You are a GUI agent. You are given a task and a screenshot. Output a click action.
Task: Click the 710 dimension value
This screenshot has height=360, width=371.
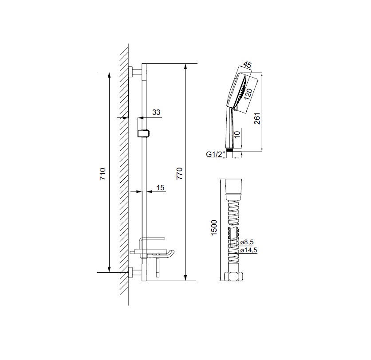[x=103, y=174]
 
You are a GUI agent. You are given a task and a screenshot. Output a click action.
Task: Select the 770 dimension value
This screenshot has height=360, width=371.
[x=180, y=173]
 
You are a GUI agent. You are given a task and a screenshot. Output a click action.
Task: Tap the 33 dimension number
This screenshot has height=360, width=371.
[x=156, y=112]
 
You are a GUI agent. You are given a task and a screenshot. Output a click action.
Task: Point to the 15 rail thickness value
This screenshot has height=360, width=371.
[x=160, y=188]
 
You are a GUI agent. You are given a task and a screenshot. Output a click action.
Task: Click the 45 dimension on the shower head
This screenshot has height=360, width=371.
[x=248, y=65]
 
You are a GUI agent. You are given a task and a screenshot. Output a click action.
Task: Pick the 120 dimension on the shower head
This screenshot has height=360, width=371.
[x=248, y=94]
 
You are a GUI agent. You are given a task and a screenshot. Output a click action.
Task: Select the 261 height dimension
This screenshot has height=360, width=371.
[x=257, y=119]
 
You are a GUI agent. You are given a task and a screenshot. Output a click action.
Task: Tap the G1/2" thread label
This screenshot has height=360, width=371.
[x=215, y=154]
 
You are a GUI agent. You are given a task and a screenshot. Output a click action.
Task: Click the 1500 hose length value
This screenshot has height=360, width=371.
[x=214, y=227]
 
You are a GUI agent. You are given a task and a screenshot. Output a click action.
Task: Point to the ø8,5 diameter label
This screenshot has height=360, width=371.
[x=247, y=242]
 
